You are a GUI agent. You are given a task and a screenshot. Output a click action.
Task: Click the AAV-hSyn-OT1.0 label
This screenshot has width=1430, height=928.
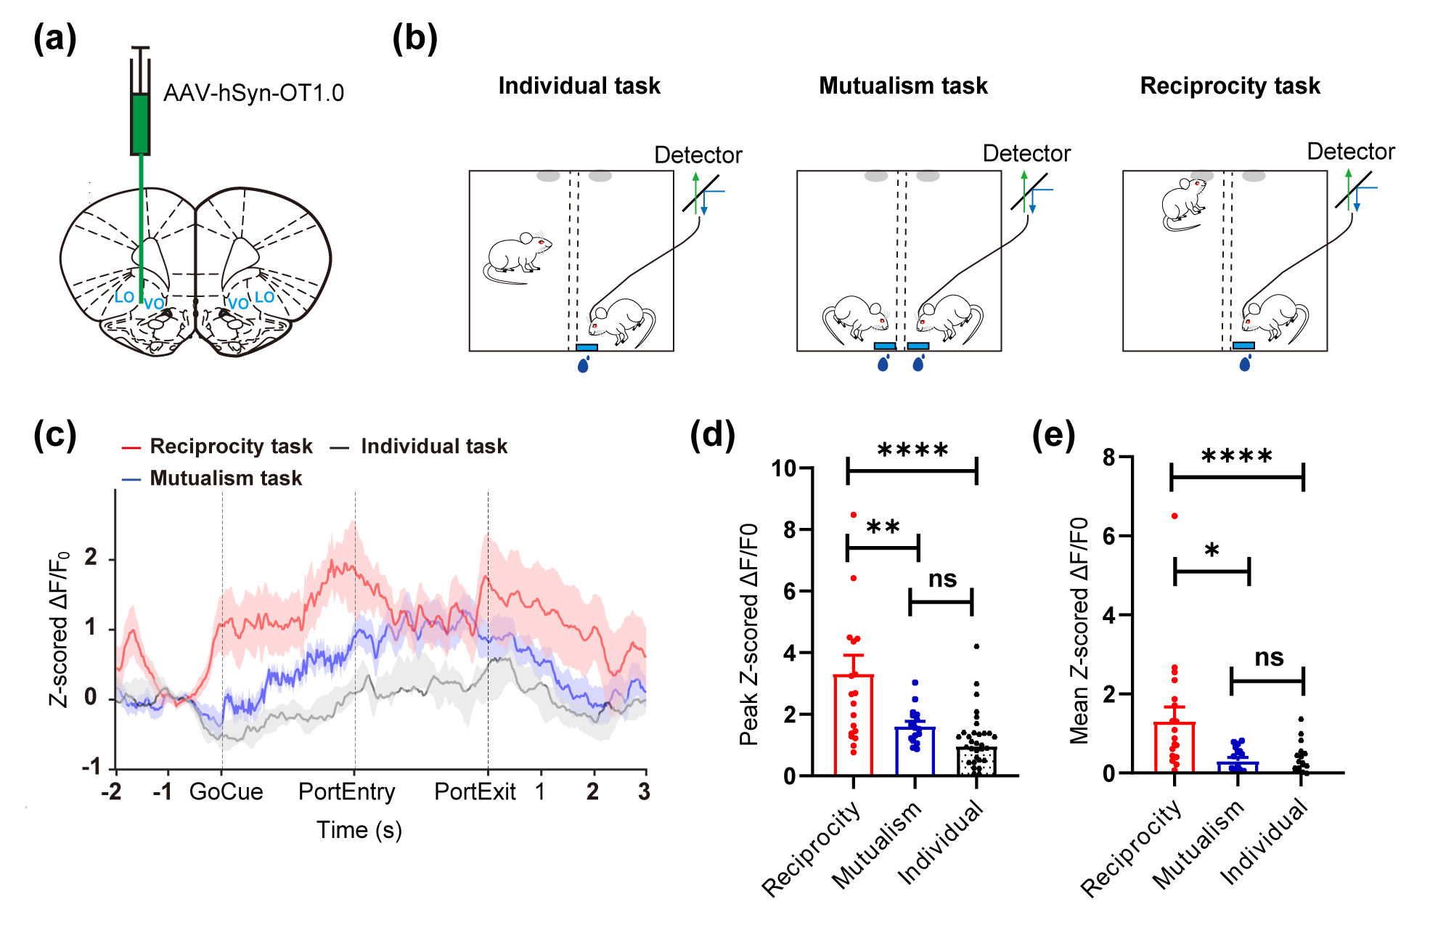click(x=253, y=93)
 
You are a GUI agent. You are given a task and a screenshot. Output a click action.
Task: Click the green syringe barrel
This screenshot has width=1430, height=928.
click(x=140, y=124)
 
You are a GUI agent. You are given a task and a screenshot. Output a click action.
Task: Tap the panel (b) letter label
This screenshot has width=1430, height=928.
click(x=414, y=38)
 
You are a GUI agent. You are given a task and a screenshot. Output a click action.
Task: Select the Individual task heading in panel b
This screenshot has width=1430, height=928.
click(x=579, y=86)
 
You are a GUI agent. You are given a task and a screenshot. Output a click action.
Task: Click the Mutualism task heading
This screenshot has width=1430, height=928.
click(x=903, y=86)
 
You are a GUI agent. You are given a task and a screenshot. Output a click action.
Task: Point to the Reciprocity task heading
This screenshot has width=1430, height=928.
click(x=1230, y=86)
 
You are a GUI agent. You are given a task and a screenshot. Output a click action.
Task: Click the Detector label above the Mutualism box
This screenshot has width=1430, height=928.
click(x=1026, y=153)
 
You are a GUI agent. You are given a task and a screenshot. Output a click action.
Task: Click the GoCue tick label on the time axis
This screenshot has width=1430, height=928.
click(x=226, y=791)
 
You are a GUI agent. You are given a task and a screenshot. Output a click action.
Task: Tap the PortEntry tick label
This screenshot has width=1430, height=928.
click(x=347, y=791)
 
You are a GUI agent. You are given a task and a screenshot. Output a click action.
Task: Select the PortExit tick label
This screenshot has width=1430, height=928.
click(x=475, y=791)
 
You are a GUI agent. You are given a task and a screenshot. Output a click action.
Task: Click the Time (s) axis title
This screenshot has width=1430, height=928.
click(x=359, y=830)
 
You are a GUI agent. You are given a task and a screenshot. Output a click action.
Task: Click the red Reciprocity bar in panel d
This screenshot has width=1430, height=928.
click(x=853, y=725)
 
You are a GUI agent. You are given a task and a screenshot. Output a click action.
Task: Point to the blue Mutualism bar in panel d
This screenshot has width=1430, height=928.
click(x=915, y=751)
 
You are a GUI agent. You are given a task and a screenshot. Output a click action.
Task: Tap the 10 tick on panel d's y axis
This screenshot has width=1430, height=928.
click(x=784, y=468)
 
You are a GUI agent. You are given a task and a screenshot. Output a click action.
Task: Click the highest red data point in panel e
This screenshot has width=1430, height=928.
click(x=1174, y=516)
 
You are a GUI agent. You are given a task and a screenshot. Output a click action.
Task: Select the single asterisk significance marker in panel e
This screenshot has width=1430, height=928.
click(x=1212, y=550)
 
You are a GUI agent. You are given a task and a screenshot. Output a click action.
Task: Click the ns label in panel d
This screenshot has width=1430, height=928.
click(x=942, y=579)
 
